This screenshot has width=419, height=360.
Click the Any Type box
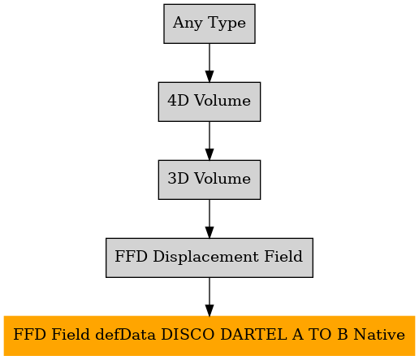209,24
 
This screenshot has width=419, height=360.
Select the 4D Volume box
209,102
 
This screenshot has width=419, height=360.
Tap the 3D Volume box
209,180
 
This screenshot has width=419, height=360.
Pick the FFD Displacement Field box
209,258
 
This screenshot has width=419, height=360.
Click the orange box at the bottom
209,336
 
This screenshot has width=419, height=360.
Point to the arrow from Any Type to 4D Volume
209,63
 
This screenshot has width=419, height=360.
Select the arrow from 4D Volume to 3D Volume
209,141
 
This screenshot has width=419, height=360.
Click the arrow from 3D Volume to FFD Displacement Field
209,219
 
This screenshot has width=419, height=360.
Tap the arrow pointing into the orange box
209,297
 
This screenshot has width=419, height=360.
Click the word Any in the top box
188,23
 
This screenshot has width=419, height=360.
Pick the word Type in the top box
227,23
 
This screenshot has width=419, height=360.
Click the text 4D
178,101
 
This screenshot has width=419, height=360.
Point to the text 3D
178,179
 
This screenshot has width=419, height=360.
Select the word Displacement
205,257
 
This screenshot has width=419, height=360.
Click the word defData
126,335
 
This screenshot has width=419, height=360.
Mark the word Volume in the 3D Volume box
222,179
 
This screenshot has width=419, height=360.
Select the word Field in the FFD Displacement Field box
283,256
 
